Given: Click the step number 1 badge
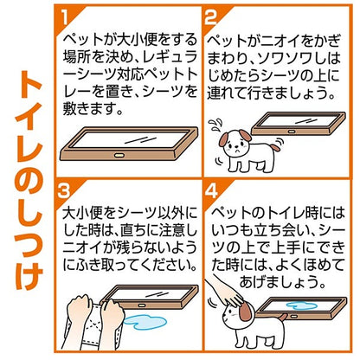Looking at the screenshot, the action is tap(66, 18).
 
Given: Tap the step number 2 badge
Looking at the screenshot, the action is tap(210, 18).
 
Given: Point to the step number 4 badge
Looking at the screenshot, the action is tap(212, 190).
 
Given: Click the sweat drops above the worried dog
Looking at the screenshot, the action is tap(215, 125).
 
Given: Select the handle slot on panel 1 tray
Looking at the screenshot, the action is tap(119, 155).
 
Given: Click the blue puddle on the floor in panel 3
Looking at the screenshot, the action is tap(145, 322).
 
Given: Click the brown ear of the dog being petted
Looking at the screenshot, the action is tap(245, 312).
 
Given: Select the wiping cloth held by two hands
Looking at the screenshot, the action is tap(93, 326).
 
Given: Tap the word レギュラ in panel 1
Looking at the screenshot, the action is tap(170, 58).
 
